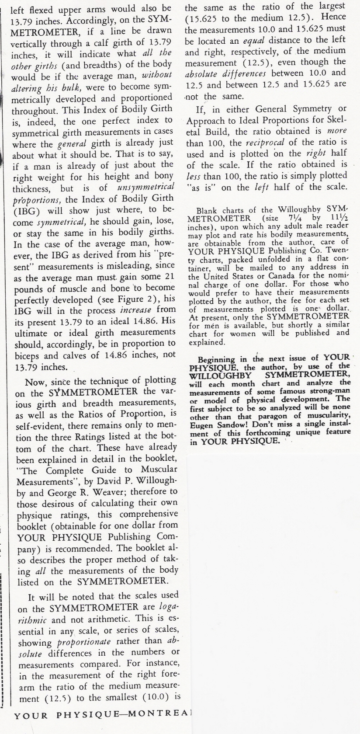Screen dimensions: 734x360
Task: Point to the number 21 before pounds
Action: (x=169, y=277)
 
